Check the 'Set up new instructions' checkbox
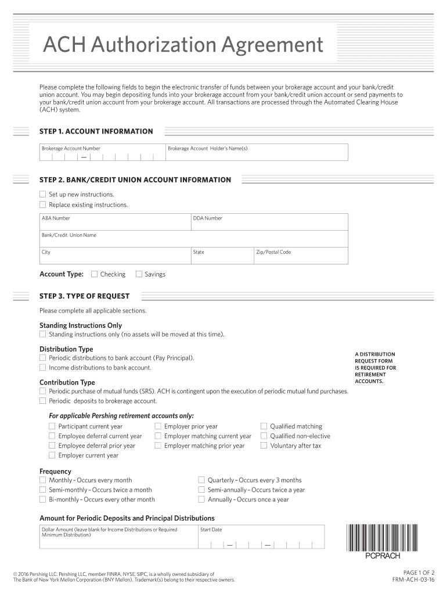(x=42, y=194)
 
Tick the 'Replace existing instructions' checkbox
(x=42, y=205)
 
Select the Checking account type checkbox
(x=94, y=274)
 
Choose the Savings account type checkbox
(x=139, y=274)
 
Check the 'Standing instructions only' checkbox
(x=42, y=334)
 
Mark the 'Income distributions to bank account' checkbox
(x=42, y=367)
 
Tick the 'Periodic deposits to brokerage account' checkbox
(x=42, y=401)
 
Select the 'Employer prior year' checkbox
(x=158, y=426)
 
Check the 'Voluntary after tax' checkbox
(x=264, y=446)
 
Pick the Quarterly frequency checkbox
(x=201, y=480)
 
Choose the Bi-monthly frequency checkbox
(x=42, y=499)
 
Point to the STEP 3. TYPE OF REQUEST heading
(x=85, y=296)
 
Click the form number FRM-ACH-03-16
(x=413, y=580)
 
